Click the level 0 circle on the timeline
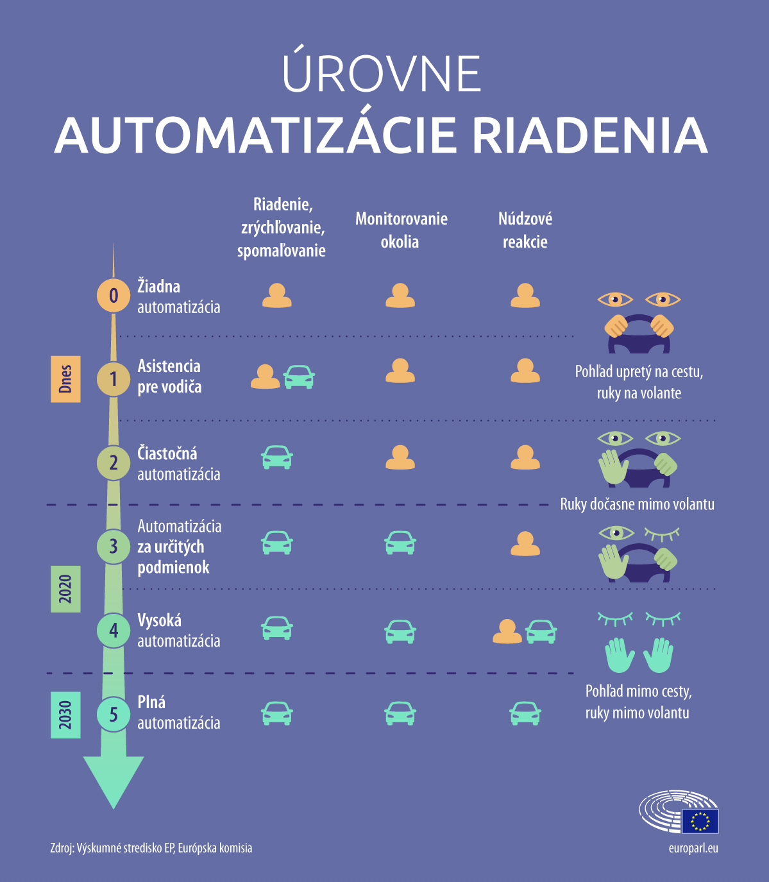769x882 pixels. point(114,295)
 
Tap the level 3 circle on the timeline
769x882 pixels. point(114,546)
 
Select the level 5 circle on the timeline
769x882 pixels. point(114,714)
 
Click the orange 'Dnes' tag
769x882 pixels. point(65,379)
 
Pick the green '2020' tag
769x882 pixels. point(65,589)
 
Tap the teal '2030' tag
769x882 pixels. point(65,715)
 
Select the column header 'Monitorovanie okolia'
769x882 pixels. point(401,230)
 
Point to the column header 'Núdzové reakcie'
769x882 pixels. point(525,230)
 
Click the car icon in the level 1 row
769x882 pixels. point(299,377)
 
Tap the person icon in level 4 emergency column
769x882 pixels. point(507,632)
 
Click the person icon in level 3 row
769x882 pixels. point(525,543)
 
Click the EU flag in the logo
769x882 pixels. point(700,821)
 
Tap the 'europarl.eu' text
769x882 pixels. point(693,849)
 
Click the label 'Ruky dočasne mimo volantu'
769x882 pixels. point(637,504)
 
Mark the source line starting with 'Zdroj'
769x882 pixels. point(151,849)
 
